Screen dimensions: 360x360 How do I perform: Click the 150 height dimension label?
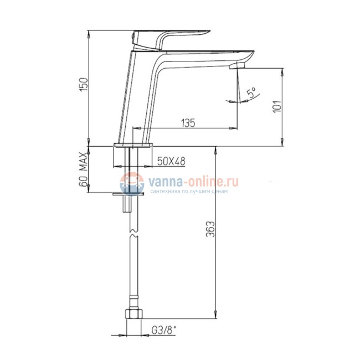click(84, 85)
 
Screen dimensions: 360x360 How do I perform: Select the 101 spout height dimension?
click(277, 106)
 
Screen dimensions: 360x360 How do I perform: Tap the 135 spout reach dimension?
click(188, 123)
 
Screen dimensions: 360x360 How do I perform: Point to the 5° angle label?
click(251, 92)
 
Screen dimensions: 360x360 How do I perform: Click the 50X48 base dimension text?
click(171, 161)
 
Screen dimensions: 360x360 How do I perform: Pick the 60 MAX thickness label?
click(84, 169)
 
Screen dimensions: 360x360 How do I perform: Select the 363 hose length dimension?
click(210, 229)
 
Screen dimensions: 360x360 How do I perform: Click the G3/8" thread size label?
click(164, 331)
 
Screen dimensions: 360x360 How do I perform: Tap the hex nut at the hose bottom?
click(134, 314)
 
